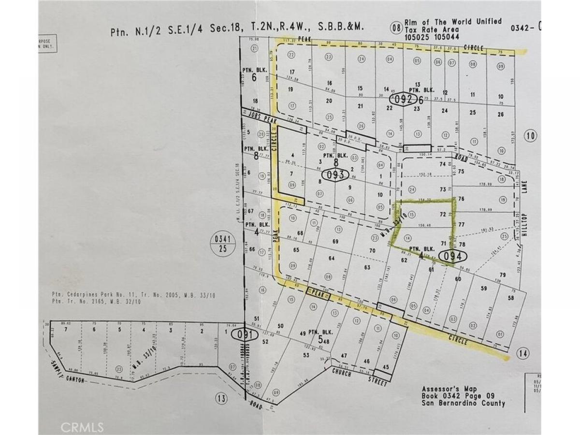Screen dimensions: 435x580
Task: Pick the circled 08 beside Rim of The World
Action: pyautogui.click(x=397, y=28)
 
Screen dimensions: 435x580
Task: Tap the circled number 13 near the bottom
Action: pyautogui.click(x=221, y=398)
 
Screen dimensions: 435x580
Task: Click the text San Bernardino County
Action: pyautogui.click(x=464, y=404)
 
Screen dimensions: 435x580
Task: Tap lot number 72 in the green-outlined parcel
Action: pyautogui.click(x=442, y=214)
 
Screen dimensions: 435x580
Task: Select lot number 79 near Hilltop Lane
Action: pyautogui.click(x=502, y=275)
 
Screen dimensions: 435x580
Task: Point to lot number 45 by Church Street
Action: pyautogui.click(x=385, y=367)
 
